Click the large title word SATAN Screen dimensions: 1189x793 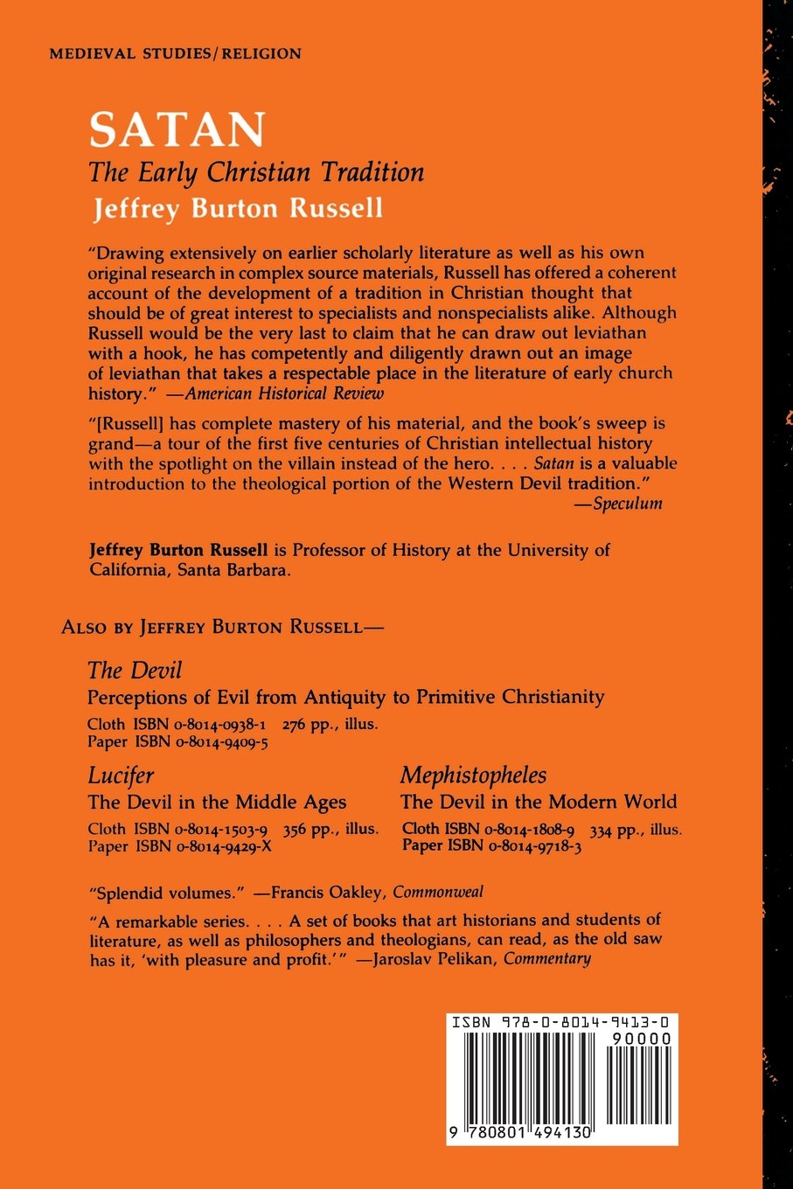coord(177,129)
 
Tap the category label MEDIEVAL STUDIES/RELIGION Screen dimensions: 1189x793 coord(176,53)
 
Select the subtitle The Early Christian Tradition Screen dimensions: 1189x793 coord(256,172)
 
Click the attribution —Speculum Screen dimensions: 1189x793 coord(625,504)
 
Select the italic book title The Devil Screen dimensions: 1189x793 coord(135,671)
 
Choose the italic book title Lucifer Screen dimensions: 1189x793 coord(121,775)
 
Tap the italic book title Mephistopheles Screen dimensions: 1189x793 coord(474,775)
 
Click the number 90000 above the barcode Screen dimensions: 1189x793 coord(636,1039)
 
